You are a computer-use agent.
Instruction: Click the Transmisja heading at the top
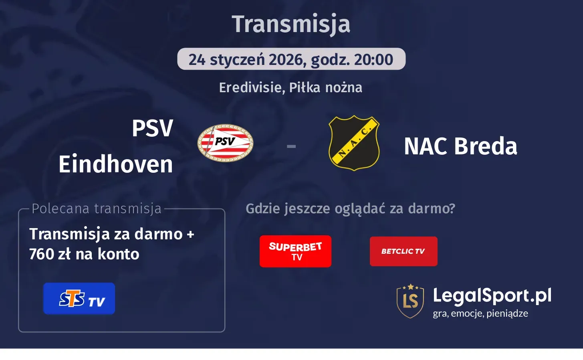tap(291, 24)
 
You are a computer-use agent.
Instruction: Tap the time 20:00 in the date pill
tap(373, 60)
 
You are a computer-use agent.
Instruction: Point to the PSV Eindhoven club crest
tap(225, 143)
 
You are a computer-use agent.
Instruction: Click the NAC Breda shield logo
tap(354, 143)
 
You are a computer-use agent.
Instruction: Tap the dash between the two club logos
tap(291, 146)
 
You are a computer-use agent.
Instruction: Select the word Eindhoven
tap(116, 164)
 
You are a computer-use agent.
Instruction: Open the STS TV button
tap(79, 299)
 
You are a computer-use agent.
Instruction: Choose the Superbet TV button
tap(295, 251)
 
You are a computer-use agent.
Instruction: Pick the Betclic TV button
tap(403, 251)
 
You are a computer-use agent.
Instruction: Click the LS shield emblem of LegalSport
tap(410, 301)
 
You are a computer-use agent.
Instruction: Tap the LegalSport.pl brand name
tap(492, 296)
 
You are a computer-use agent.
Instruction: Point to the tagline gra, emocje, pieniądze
tap(480, 313)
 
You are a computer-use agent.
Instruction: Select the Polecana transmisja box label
tap(97, 208)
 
